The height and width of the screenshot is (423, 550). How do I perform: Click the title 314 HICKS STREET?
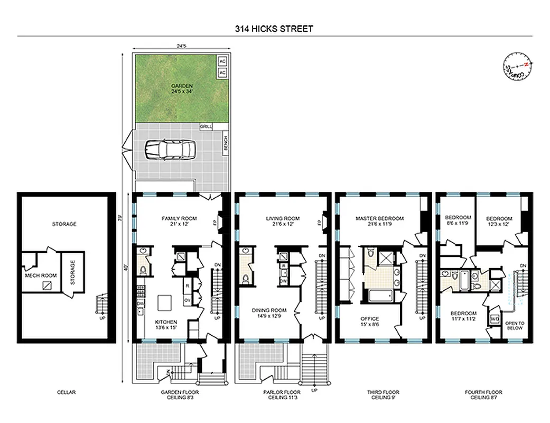pyautogui.click(x=274, y=29)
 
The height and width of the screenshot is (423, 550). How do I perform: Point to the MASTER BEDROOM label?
pyautogui.click(x=379, y=221)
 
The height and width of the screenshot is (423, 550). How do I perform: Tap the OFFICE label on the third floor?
pyautogui.click(x=370, y=321)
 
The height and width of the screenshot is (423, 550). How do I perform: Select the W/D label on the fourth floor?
pyautogui.click(x=495, y=319)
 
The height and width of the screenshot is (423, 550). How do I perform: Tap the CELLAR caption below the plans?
pyautogui.click(x=67, y=392)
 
